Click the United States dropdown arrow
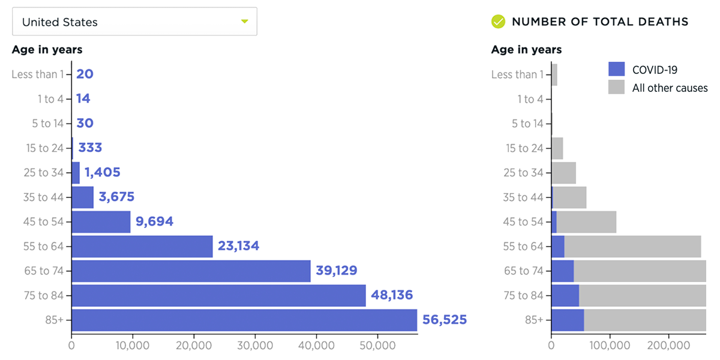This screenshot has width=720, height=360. (x=244, y=22)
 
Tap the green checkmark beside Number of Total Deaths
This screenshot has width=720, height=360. (x=498, y=22)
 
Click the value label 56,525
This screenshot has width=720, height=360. (x=445, y=320)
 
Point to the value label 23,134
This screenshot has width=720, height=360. (x=238, y=246)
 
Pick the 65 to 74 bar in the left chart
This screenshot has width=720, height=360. (x=191, y=271)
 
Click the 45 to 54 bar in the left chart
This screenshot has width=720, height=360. (x=101, y=222)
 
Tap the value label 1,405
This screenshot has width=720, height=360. (x=102, y=173)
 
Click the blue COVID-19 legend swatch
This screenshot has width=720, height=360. (x=616, y=69)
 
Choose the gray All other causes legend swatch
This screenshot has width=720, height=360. (x=616, y=88)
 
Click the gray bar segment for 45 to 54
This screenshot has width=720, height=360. (x=586, y=222)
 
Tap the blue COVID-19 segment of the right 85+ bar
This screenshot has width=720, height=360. (x=567, y=320)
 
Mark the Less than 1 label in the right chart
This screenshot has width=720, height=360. (x=517, y=74)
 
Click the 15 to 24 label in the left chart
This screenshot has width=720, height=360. (x=45, y=148)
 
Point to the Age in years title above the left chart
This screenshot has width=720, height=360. (x=47, y=50)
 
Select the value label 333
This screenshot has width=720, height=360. (x=90, y=148)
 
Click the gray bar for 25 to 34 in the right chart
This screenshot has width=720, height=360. (x=564, y=173)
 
